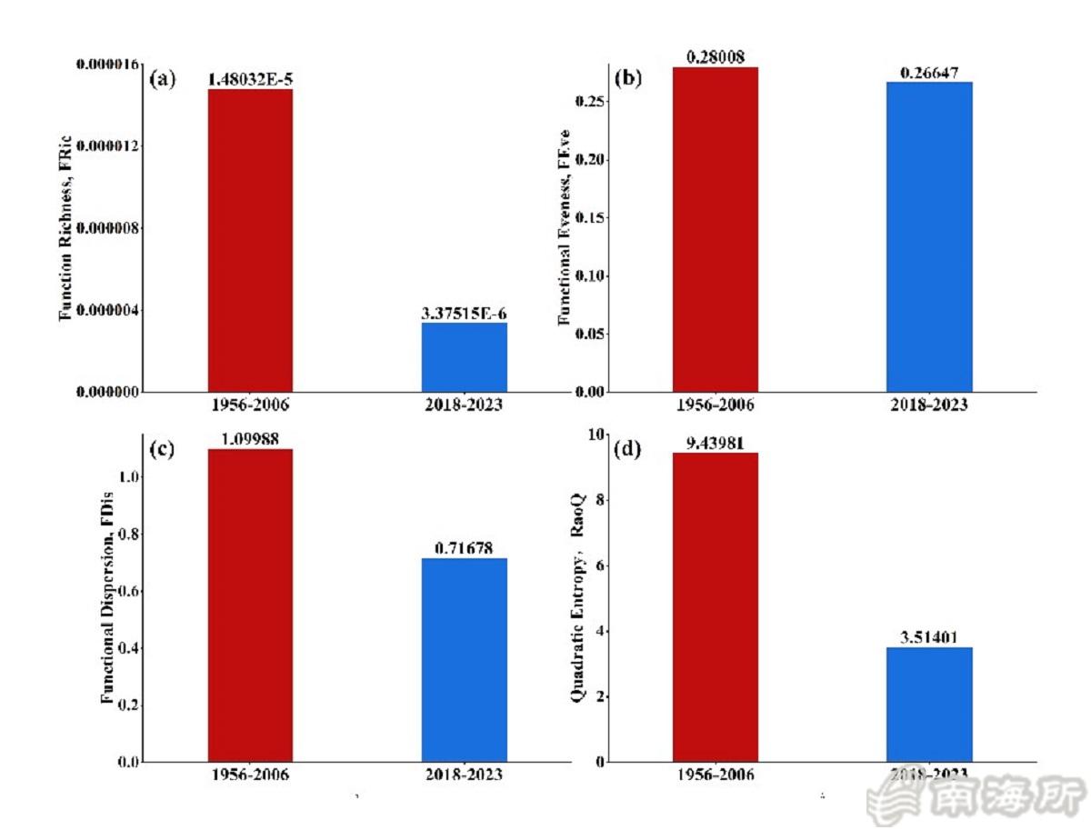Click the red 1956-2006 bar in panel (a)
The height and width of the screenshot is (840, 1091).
250,241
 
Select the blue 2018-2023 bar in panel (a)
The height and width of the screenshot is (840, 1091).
464,357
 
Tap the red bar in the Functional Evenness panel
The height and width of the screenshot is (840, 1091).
716,230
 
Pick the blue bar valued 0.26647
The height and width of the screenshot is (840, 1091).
929,236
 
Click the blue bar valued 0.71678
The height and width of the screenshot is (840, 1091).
464,660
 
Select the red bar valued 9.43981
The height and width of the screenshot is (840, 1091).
716,607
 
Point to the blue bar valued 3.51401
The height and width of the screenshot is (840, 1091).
929,705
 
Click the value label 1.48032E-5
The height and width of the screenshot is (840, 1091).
250,79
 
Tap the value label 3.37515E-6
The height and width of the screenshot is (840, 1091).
464,314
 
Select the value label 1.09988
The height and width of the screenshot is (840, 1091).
250,439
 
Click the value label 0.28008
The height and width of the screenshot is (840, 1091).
716,57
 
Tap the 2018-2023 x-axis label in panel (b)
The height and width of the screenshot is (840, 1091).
929,405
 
